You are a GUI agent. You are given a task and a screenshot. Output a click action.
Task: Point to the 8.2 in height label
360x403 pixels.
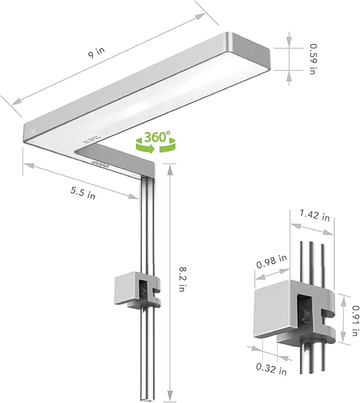click(x=181, y=280)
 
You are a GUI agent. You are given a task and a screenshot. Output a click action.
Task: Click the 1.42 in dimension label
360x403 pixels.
click(x=314, y=216)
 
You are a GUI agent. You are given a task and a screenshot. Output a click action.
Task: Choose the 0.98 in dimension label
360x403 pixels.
click(x=272, y=261)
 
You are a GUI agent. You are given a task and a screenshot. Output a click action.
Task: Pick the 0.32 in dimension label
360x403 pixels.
click(x=270, y=369)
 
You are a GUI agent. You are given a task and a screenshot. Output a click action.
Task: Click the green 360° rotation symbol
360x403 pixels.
click(x=155, y=141)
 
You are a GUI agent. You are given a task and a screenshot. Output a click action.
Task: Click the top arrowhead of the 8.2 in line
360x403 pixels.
click(x=169, y=168)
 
